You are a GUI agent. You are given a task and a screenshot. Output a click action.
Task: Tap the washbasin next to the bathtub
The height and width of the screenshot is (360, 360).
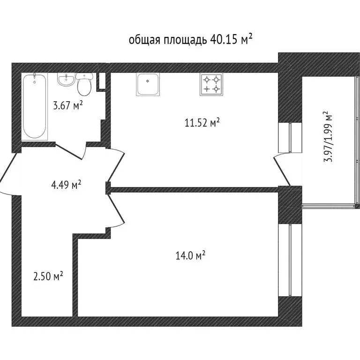pos(65,80)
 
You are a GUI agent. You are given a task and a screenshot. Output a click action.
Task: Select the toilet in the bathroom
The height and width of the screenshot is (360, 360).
pos(84,84)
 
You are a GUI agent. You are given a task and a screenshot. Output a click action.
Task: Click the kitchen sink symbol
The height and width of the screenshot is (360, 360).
pos(148,84)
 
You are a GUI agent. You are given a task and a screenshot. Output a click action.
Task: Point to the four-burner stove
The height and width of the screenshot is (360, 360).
pos(211,84)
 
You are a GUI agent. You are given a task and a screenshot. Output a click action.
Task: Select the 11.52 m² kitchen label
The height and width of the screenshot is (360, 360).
pos(202,123)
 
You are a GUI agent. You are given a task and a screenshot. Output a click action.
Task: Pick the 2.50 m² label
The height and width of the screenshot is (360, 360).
pos(48,277)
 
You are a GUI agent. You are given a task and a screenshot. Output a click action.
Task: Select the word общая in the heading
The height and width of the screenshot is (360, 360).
pos(144,40)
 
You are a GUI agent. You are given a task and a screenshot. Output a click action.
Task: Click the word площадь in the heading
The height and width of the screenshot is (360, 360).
pos(185,40)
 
